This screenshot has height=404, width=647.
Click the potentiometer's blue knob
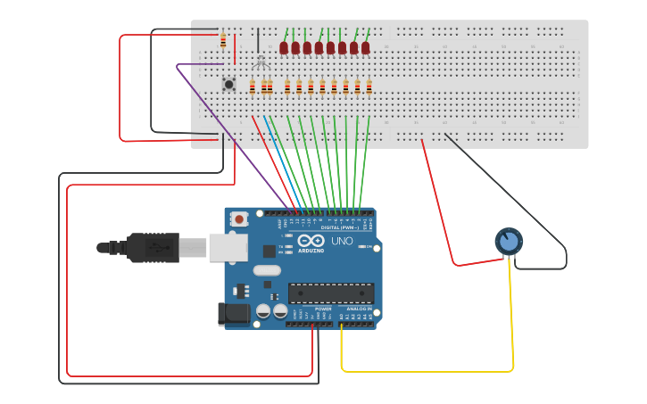pyautogui.click(x=509, y=241)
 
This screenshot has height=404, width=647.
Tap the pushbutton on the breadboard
pyautogui.click(x=228, y=84)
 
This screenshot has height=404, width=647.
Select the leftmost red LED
pyautogui.click(x=284, y=47)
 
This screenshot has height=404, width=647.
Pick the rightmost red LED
pyautogui.click(x=366, y=47)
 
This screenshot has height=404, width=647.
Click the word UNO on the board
pyautogui.click(x=342, y=242)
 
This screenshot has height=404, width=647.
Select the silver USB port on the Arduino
pyautogui.click(x=228, y=247)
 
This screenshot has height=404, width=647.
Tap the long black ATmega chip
pyautogui.click(x=330, y=293)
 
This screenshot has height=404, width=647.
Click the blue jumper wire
pyautogui.click(x=284, y=161)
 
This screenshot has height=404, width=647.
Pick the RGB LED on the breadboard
pyautogui.click(x=261, y=60)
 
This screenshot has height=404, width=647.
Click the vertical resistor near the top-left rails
pyautogui.click(x=222, y=40)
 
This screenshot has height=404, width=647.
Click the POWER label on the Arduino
pyautogui.click(x=322, y=309)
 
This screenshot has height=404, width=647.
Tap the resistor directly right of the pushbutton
pyautogui.click(x=253, y=87)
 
